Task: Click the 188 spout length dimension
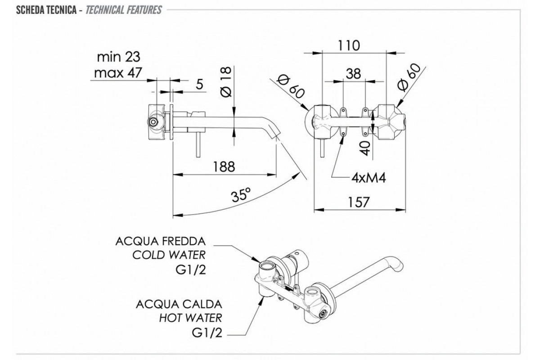pos(224,166)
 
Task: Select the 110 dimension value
pos(349,45)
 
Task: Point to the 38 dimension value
pos(353,74)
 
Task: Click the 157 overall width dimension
pos(359,202)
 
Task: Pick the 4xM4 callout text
pos(369,178)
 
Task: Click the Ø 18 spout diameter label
pos(226,82)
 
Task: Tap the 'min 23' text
pos(118,57)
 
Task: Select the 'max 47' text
pos(118,72)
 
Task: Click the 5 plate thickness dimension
pos(200,85)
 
